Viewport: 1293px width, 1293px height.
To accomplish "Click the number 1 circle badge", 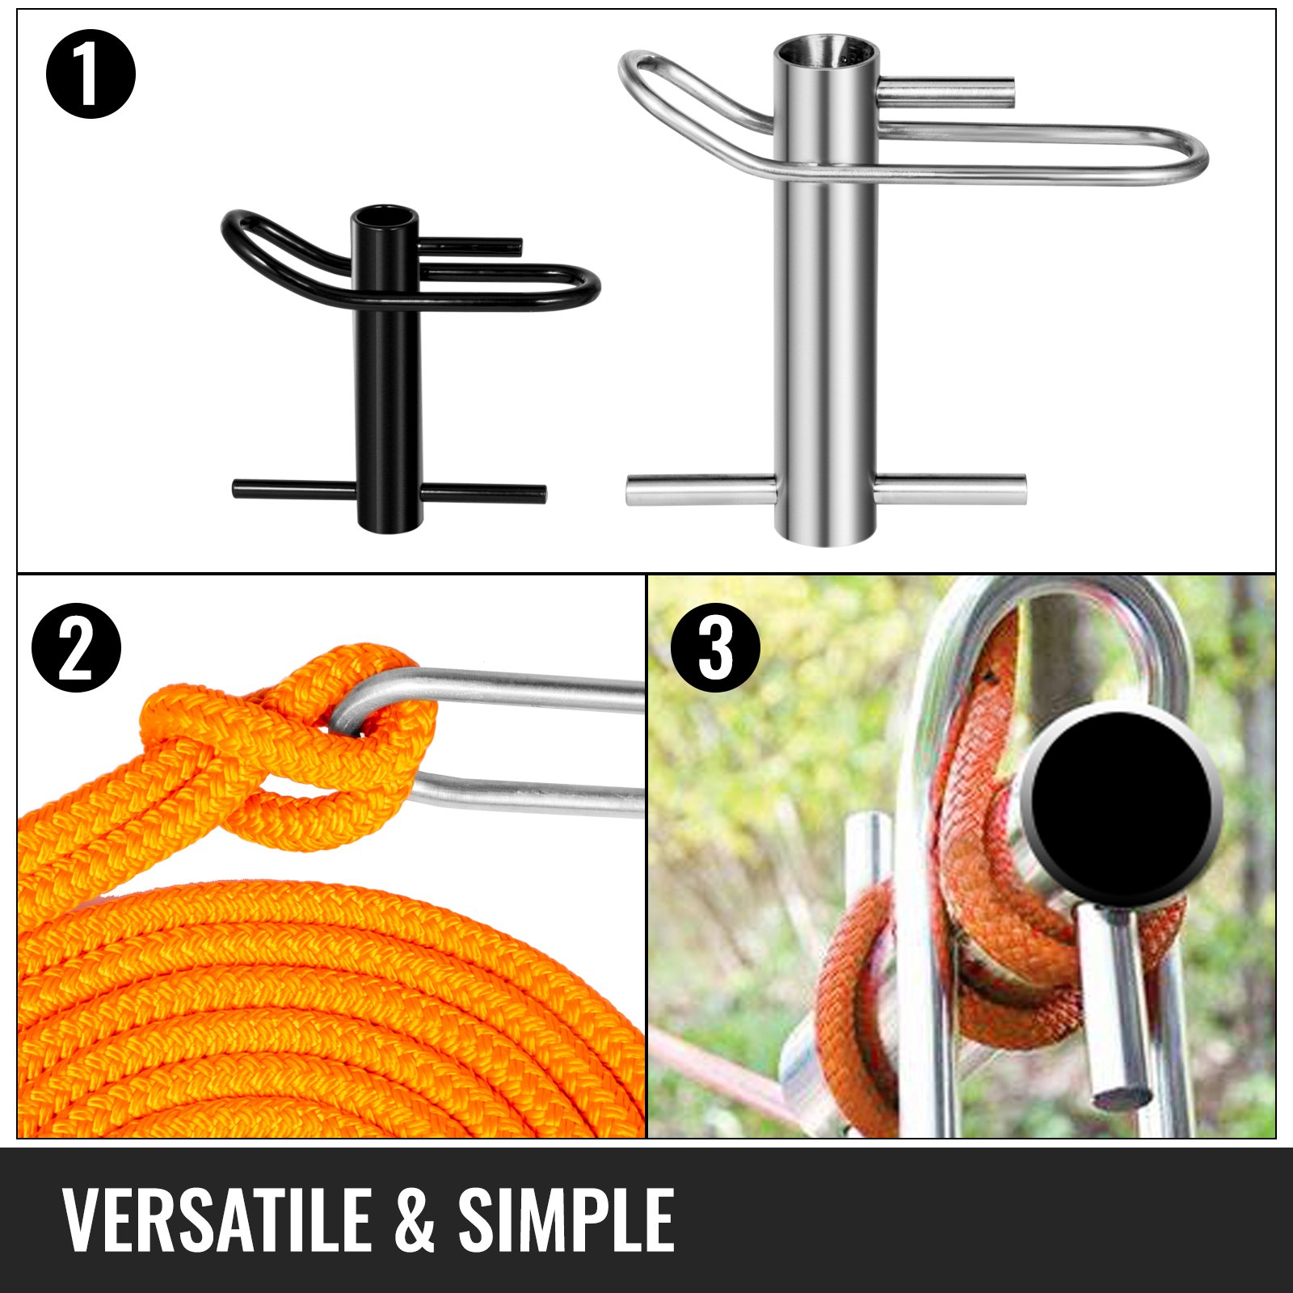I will pos(91,74).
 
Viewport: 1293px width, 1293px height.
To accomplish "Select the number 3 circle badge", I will pos(715,648).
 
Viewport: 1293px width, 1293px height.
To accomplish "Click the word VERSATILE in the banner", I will pos(216,1220).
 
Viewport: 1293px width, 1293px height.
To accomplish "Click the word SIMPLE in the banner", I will pos(566,1220).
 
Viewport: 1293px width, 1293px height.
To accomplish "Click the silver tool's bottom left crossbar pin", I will pos(700,490).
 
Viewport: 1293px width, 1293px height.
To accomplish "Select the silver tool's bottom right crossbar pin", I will pos(950,489).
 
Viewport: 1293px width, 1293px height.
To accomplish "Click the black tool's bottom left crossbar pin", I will pos(293,489).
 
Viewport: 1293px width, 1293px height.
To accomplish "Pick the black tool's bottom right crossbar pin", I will pos(483,492).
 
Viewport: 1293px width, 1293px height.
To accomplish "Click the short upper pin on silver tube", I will pos(946,92).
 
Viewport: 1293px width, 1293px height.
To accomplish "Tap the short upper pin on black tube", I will pos(470,244).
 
